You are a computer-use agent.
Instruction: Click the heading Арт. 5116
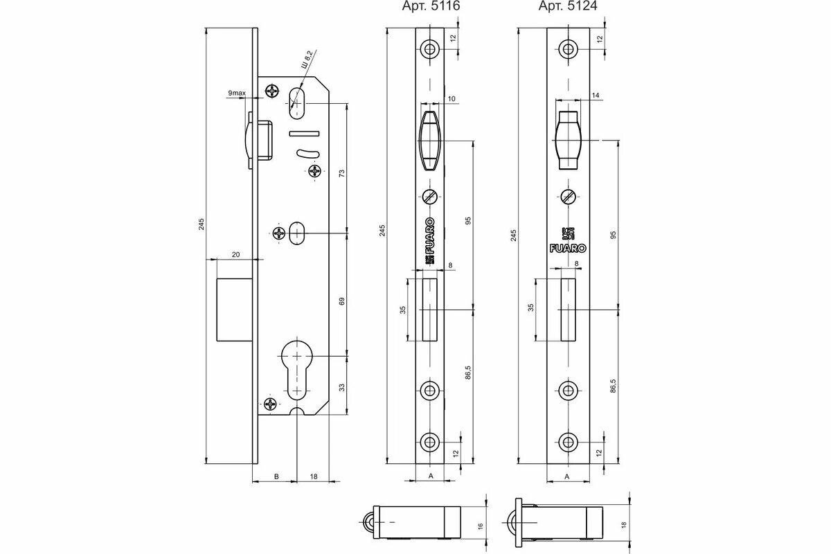[x=431, y=7]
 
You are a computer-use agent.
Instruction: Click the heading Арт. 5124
[x=569, y=7]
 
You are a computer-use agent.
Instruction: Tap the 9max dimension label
[x=235, y=92]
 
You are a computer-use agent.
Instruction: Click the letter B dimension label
[x=276, y=476]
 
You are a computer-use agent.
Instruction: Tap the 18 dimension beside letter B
[x=314, y=476]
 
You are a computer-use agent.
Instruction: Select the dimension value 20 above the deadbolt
[x=235, y=255]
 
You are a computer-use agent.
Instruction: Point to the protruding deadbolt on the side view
[x=233, y=309]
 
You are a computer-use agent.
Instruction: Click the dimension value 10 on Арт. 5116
[x=451, y=99]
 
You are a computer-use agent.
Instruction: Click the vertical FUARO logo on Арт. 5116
[x=430, y=240]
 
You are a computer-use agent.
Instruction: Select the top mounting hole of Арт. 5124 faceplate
[x=569, y=49]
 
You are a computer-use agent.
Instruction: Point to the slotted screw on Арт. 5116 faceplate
[x=430, y=196]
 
